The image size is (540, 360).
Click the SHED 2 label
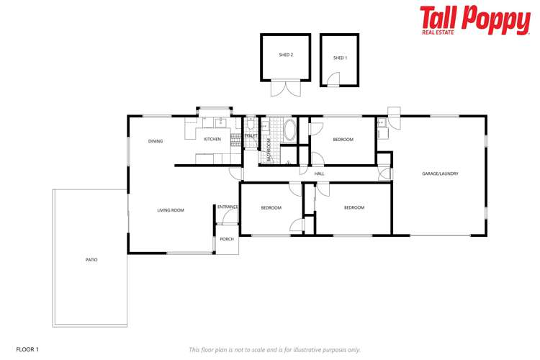click(x=286, y=55)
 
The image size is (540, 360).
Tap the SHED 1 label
click(x=340, y=58)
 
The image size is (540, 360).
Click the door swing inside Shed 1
click(x=333, y=78)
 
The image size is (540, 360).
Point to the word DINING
click(x=156, y=141)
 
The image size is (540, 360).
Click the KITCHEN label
click(x=212, y=139)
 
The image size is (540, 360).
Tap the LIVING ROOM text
click(x=171, y=210)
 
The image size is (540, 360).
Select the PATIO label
click(x=91, y=259)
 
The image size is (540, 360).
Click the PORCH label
click(x=227, y=239)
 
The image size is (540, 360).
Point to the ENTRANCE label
click(x=228, y=207)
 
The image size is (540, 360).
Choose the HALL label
click(x=320, y=174)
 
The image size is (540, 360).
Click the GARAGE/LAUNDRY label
click(x=440, y=174)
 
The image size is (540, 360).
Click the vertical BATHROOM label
click(x=269, y=150)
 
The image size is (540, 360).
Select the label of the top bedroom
click(x=343, y=140)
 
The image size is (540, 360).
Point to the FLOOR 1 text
click(x=27, y=349)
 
